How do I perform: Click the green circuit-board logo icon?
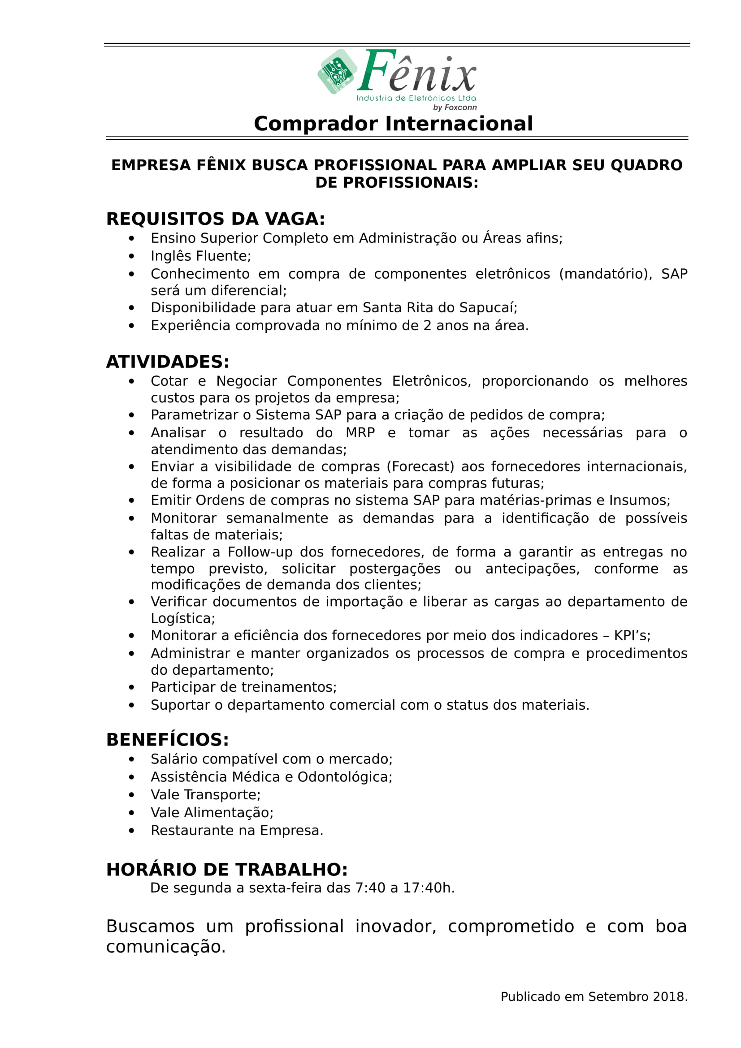[337, 72]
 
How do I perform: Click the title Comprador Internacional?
[393, 124]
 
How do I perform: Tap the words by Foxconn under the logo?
[455, 108]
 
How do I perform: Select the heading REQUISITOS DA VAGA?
[216, 219]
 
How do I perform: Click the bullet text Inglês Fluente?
[201, 256]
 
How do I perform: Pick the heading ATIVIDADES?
[168, 362]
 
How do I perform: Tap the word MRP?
[360, 433]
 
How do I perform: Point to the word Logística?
[182, 618]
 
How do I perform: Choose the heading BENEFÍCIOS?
[168, 740]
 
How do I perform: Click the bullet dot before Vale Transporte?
[131, 795]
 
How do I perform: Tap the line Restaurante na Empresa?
[237, 831]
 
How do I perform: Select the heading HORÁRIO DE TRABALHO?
[227, 870]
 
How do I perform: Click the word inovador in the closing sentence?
[395, 927]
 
